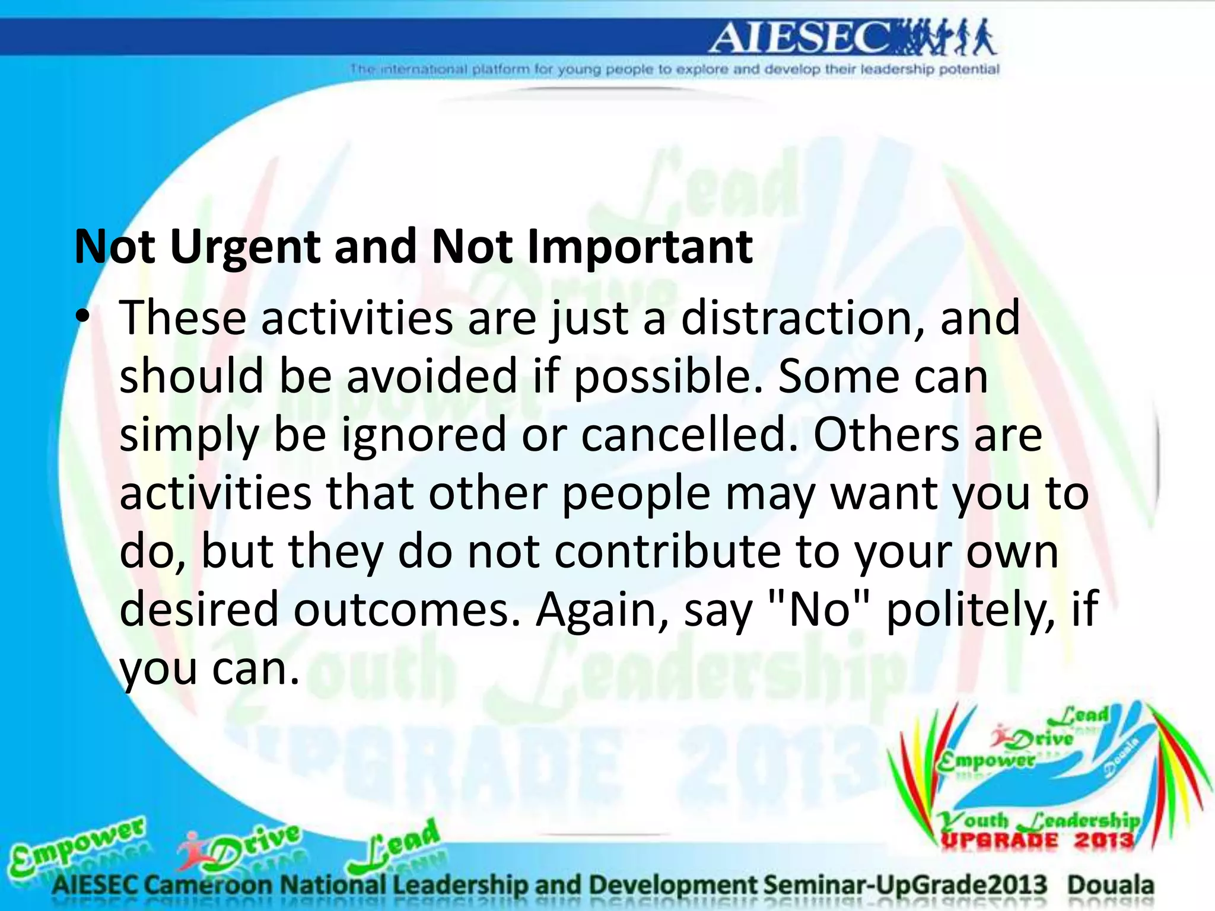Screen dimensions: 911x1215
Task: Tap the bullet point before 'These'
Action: click(x=82, y=317)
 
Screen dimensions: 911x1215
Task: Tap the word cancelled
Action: click(x=689, y=435)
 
